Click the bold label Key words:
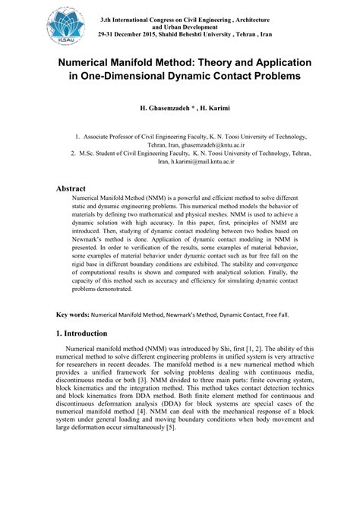point(73,314)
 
